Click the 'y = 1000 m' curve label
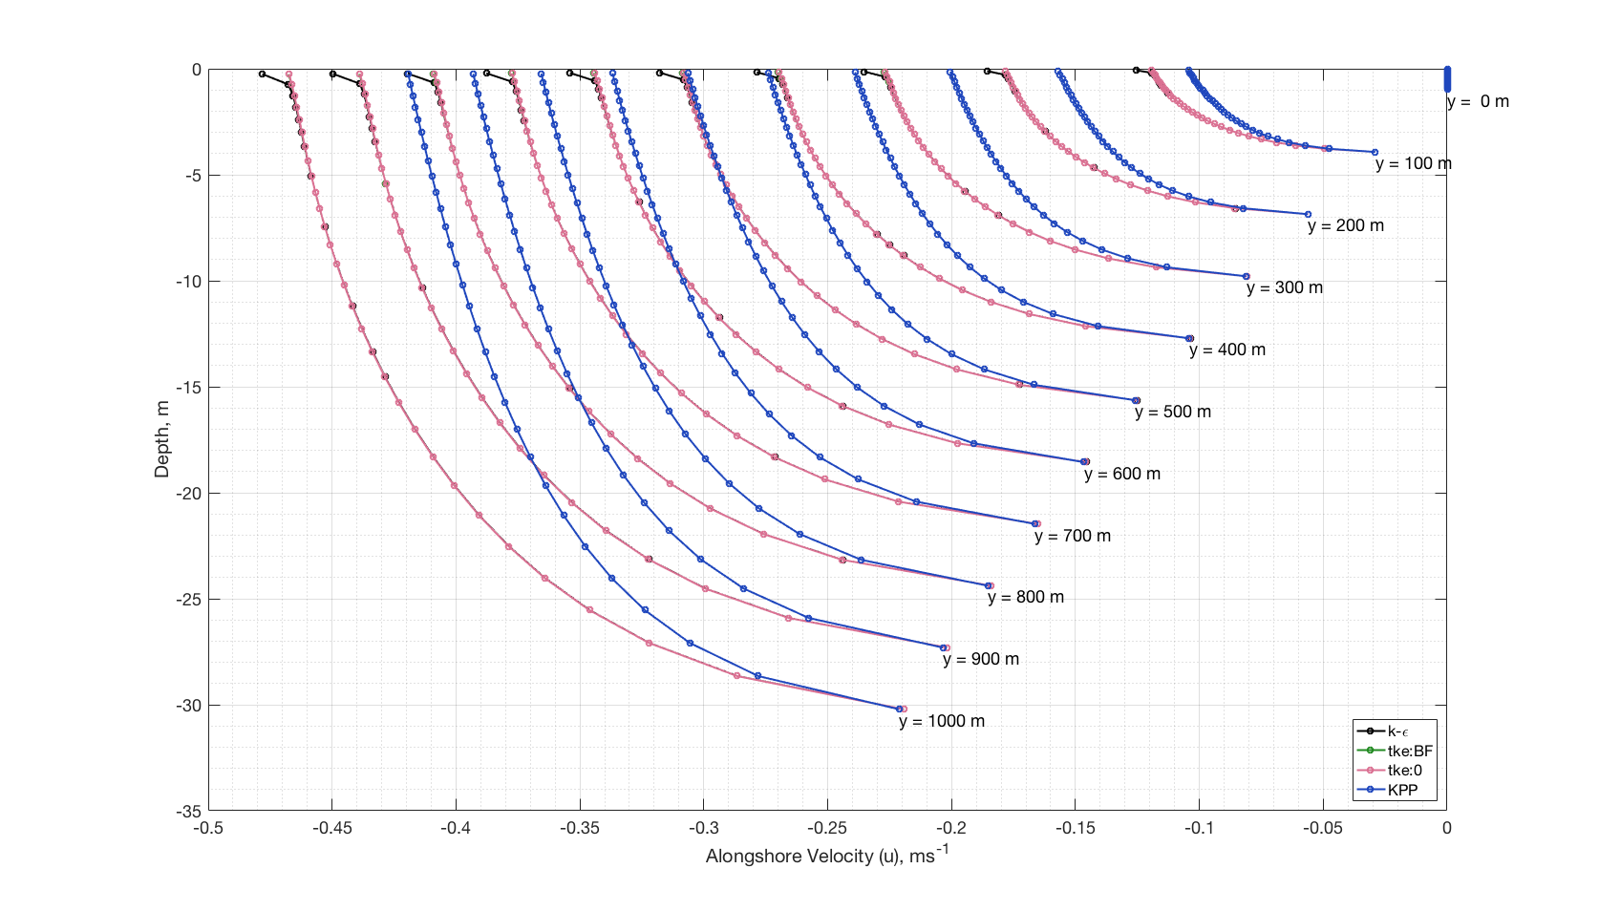(941, 722)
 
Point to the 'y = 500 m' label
(1172, 413)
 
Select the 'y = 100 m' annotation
(1413, 164)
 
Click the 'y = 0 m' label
(1478, 102)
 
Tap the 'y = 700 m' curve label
(1072, 537)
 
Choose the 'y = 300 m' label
(1284, 288)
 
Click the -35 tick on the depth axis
(188, 812)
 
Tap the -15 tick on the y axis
(188, 388)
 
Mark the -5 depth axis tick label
(192, 176)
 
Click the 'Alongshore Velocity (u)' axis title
(827, 857)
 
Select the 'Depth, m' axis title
(162, 439)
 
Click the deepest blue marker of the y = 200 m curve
(1308, 215)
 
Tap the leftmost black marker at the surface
(262, 74)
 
